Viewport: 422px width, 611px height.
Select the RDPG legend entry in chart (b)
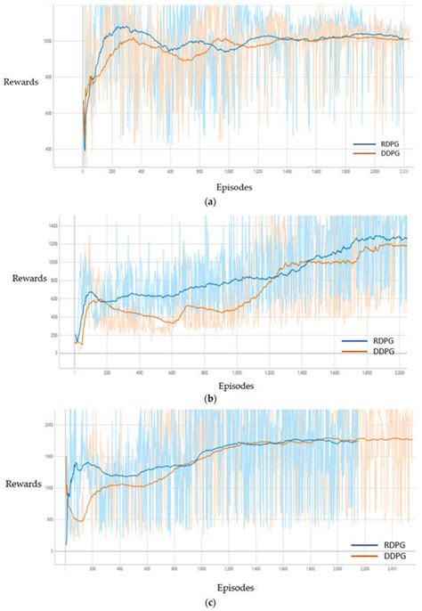[x=377, y=341]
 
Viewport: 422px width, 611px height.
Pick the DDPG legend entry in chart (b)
[x=377, y=352]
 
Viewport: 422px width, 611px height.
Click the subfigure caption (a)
[x=210, y=202]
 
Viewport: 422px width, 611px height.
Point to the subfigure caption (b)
[x=210, y=401]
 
